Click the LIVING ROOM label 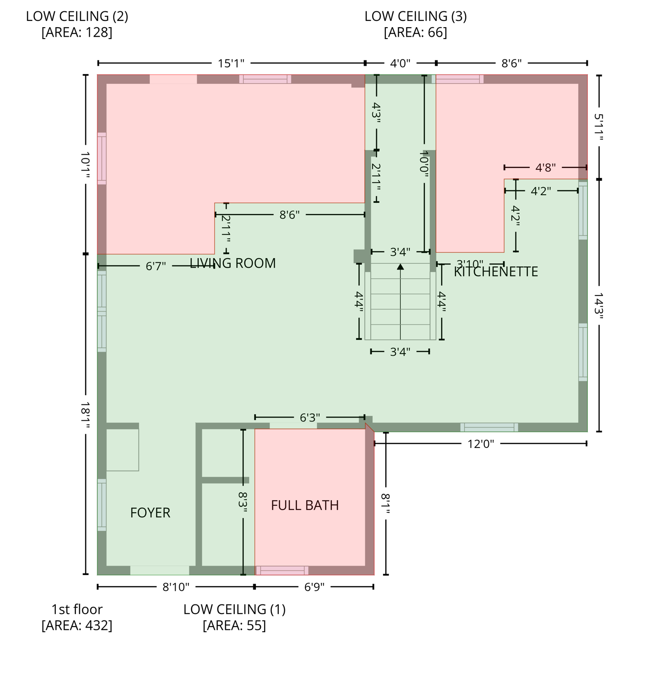(232, 263)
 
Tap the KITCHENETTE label (496, 272)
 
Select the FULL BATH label (305, 505)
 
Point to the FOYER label (150, 513)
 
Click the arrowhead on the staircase (400, 267)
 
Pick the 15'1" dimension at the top (231, 63)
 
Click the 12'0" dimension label (481, 444)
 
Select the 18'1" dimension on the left (85, 415)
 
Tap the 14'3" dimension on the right (599, 306)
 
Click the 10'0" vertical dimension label (424, 164)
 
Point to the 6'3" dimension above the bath (310, 417)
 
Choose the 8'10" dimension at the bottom (176, 587)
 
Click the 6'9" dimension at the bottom (314, 587)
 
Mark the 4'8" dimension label (545, 168)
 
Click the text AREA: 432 (77, 625)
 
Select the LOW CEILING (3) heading (415, 16)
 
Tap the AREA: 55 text (234, 625)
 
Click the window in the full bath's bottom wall (282, 570)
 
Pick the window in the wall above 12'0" (489, 427)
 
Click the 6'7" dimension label (156, 266)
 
